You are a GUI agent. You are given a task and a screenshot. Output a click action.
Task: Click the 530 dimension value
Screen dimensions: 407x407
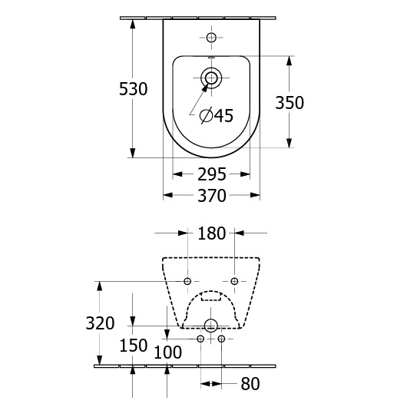[133, 89]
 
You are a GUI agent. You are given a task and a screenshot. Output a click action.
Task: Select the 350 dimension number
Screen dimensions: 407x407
[290, 103]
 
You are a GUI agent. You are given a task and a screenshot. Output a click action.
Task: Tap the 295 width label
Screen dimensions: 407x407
[212, 174]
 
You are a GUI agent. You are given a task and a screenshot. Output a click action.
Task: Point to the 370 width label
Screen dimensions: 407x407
[212, 196]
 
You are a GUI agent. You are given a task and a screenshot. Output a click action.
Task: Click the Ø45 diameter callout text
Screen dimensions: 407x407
[217, 115]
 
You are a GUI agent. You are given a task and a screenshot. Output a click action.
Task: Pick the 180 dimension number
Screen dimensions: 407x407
[212, 233]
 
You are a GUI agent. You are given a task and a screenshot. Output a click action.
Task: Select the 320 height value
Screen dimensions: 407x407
[100, 323]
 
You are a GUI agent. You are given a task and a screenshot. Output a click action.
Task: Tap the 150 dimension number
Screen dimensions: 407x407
[134, 346]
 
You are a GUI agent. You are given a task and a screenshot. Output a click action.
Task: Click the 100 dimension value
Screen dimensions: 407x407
[167, 352]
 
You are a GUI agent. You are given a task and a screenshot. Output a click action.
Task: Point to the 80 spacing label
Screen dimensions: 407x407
[250, 384]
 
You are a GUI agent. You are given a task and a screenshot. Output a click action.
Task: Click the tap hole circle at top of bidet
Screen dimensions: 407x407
[211, 38]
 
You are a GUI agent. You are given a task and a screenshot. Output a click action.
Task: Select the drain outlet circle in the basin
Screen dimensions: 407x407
[211, 78]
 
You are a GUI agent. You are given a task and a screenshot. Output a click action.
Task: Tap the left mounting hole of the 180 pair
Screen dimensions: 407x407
[187, 281]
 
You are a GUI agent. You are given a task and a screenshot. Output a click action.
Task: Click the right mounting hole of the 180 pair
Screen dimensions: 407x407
[234, 281]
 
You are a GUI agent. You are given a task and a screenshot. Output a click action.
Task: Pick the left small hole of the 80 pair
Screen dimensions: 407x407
[200, 339]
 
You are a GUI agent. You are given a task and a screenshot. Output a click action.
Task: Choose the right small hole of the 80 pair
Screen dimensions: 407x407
[221, 339]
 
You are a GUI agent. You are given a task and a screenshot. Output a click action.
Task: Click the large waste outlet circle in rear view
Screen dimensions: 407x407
[210, 326]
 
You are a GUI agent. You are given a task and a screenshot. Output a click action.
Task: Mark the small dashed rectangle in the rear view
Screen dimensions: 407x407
[211, 296]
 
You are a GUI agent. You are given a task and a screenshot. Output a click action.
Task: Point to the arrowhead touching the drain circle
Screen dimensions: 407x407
[205, 88]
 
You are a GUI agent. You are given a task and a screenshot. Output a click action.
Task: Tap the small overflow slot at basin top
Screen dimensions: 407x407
[211, 58]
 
